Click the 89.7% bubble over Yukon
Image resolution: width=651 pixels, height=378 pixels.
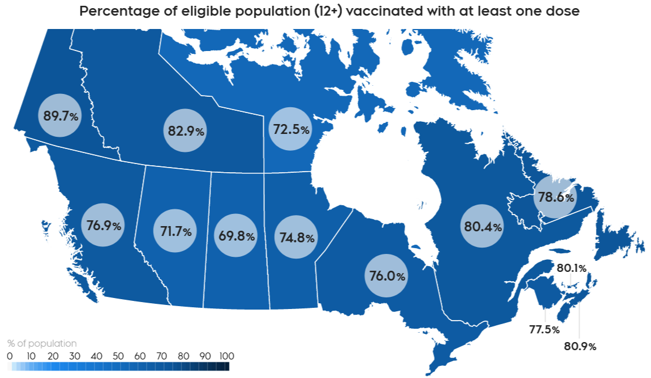(x=60, y=115)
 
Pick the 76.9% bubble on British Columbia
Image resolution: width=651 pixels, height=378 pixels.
(x=104, y=225)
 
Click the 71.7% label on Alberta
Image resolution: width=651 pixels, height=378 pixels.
(x=176, y=231)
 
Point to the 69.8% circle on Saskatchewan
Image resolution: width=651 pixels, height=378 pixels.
(x=236, y=235)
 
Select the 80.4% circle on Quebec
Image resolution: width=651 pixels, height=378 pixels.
(x=482, y=226)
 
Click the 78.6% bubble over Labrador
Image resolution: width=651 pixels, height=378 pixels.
(x=555, y=197)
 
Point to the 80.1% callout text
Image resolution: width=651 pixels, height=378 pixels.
(x=572, y=268)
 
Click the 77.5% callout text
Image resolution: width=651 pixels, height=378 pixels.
(x=544, y=330)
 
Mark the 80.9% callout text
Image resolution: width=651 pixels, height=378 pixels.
(x=580, y=347)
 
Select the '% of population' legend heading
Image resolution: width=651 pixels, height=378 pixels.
(x=42, y=343)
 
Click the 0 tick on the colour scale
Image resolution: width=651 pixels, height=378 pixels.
(x=9, y=355)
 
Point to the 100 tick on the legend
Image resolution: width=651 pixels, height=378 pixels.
(x=226, y=355)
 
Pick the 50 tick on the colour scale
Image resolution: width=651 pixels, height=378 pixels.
(x=118, y=355)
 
